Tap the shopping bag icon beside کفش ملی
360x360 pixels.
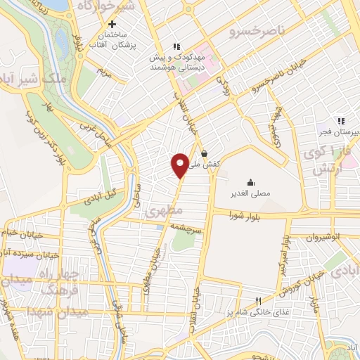coord(204,153)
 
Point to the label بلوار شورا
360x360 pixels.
coord(244,217)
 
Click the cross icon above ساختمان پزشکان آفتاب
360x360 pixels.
coord(122,24)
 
